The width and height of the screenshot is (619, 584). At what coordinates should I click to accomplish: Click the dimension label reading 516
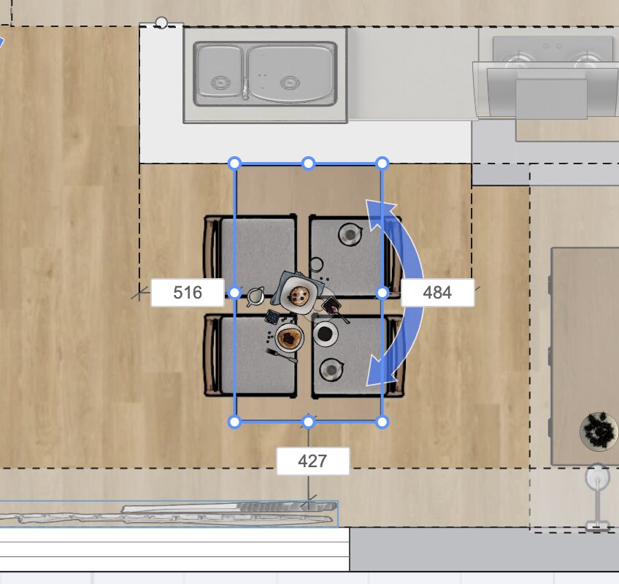[x=188, y=293]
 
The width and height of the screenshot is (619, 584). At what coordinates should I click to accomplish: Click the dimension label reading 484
[x=437, y=293]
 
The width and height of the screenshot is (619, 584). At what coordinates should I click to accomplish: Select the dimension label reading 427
[x=312, y=461]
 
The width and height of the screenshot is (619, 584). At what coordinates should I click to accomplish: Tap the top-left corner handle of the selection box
[x=234, y=163]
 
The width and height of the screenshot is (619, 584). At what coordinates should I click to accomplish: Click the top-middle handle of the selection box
[x=308, y=163]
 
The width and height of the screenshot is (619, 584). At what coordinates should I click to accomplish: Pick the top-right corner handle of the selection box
[x=382, y=163]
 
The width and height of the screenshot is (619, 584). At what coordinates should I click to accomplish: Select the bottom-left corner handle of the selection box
[x=234, y=422]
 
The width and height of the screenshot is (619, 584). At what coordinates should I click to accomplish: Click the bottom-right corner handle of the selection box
[x=382, y=422]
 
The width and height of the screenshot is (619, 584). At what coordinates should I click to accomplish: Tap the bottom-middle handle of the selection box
[x=308, y=422]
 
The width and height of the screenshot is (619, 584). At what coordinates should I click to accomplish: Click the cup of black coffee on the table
[x=326, y=334]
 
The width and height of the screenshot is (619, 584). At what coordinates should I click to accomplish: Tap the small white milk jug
[x=255, y=296]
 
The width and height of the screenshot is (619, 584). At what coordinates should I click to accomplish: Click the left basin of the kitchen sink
[x=220, y=73]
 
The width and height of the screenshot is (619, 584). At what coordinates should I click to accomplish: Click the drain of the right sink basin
[x=290, y=83]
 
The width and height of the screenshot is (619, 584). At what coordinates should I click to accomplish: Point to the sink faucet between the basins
[x=245, y=89]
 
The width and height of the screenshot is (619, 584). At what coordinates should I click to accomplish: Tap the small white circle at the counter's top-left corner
[x=161, y=23]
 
